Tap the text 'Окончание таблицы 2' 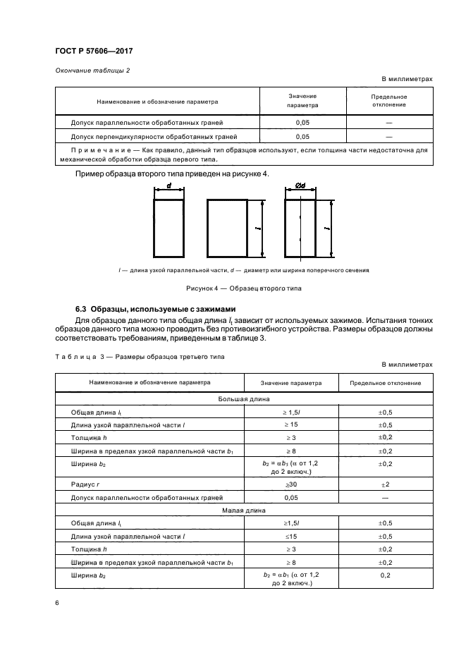(87, 70)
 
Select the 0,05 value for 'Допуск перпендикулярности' (302, 137)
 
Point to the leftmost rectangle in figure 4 (168, 228)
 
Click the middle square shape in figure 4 (226, 228)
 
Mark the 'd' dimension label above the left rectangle (169, 186)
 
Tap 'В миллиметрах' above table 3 (407, 364)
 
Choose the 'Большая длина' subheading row (243, 398)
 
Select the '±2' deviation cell (386, 484)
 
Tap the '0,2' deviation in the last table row (386, 575)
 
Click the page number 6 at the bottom (57, 603)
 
